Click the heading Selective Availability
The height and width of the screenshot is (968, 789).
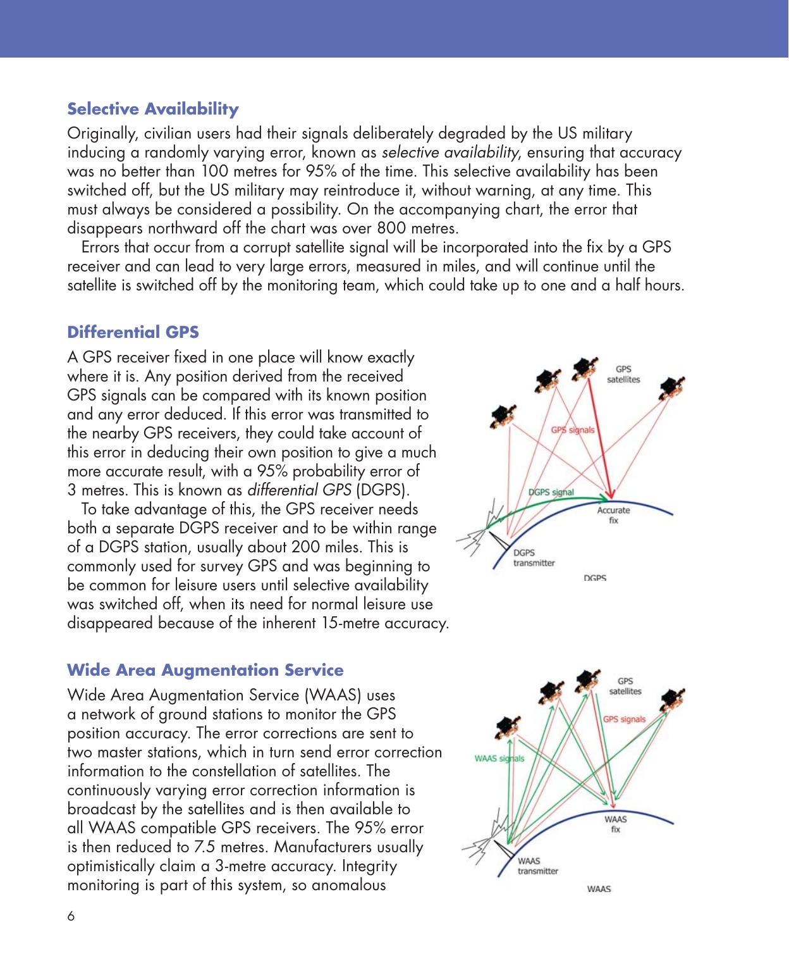coord(153,109)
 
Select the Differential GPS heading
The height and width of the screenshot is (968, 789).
coord(133,332)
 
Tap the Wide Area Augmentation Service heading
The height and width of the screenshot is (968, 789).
coord(205,670)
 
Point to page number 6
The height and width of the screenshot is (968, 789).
coord(71,916)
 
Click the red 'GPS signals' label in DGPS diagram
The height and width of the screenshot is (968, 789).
coord(573,430)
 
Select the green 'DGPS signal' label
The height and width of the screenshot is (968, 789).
coord(551,492)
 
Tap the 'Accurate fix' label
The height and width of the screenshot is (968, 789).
coord(613,515)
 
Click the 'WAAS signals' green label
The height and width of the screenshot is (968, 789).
coord(499,759)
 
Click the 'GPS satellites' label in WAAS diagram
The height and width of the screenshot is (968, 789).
coord(625,686)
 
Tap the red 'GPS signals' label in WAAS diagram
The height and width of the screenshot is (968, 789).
coord(624,719)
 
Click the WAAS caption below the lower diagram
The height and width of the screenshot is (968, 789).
coord(599,889)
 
